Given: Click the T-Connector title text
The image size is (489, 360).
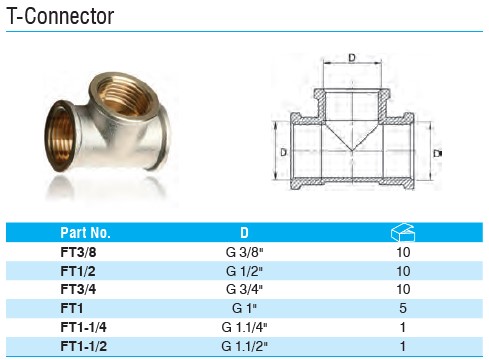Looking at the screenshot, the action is pos(60,16).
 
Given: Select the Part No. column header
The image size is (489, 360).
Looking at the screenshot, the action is pos(85,232).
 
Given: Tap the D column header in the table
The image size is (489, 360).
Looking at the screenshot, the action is pos(244,232).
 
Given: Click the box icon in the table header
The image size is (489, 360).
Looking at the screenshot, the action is pos(403,232).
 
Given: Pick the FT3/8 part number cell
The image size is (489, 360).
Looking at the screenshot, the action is pos(78,252).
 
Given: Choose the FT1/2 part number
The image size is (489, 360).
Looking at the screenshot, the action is pos(78,271).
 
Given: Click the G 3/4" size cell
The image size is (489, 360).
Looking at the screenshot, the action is pos(244,289).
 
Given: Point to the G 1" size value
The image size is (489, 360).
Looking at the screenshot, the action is pos(244,308).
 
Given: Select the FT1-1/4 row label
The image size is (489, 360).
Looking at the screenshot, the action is pos(84,327).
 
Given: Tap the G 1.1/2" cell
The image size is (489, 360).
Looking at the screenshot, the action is pos(244,346).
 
